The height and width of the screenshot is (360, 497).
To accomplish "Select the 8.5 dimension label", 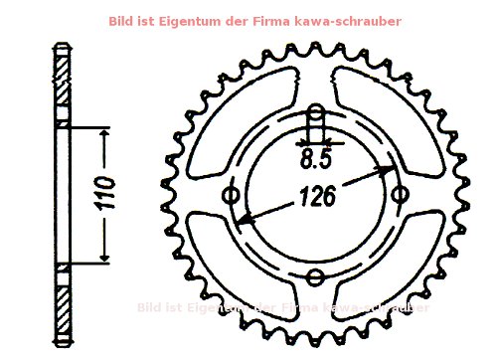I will (316, 158).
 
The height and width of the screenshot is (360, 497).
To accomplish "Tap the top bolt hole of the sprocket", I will (316, 123).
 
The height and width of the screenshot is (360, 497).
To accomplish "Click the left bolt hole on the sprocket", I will (234, 196).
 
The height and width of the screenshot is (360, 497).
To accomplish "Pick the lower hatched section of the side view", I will (62, 303).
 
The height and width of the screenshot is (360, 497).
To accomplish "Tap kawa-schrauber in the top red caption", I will (354, 21).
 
